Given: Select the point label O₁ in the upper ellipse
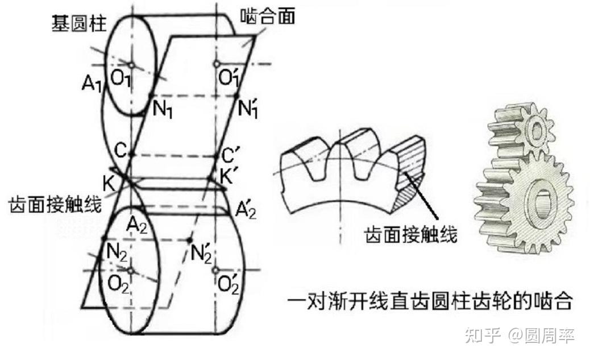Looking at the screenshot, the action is coord(121,78).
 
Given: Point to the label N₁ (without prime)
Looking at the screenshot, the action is coord(164,109).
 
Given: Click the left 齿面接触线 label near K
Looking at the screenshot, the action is coord(54,204).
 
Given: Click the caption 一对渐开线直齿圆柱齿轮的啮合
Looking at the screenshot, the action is coord(429,300).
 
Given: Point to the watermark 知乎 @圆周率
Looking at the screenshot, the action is coord(519,336).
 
